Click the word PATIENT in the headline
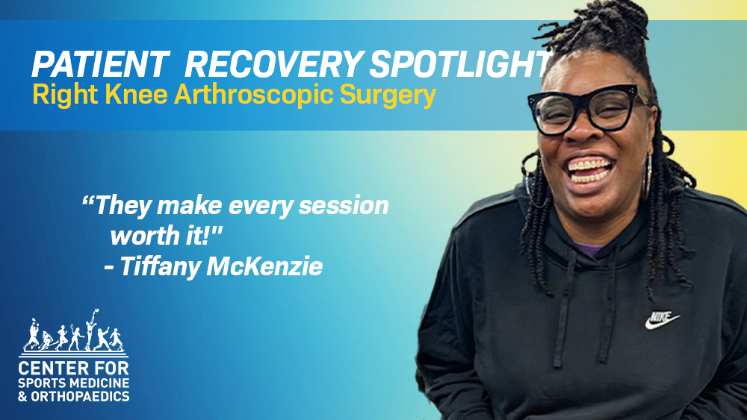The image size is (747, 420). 101,64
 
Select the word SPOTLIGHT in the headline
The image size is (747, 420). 460,64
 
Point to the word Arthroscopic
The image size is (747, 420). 254,96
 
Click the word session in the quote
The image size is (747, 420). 344,206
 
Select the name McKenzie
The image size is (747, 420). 264,266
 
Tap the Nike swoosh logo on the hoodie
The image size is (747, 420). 662,320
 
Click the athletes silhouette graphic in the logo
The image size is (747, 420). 73,331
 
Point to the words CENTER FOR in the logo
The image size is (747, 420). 73,369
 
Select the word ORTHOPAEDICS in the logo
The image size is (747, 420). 80,395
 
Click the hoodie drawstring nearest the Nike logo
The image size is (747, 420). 608,304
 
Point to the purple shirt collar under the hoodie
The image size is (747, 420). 591,248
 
